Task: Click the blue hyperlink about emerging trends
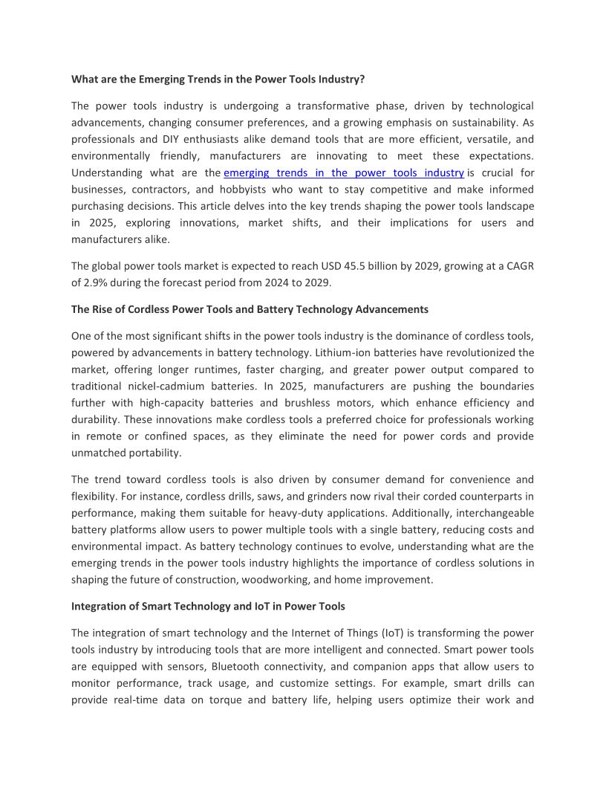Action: [x=338, y=172]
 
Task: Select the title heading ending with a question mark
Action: [x=218, y=78]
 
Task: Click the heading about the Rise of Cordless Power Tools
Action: [x=250, y=309]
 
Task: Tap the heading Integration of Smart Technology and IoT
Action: [x=208, y=606]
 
